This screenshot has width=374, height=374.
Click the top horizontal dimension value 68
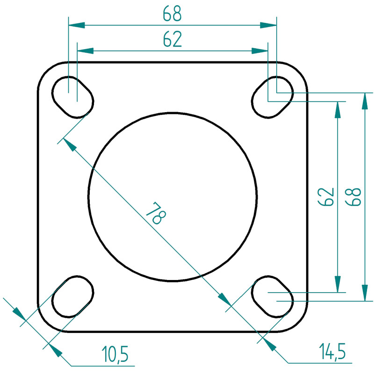click(x=172, y=14)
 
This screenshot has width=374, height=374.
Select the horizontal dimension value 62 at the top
click(x=172, y=39)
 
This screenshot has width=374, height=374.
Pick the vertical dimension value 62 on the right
click(x=325, y=197)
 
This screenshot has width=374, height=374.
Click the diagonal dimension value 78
click(x=156, y=213)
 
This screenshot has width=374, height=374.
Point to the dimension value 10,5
click(x=115, y=354)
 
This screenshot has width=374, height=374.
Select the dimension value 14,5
click(x=332, y=351)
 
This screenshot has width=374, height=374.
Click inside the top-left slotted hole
click(x=73, y=97)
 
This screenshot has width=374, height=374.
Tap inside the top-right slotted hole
click(x=273, y=97)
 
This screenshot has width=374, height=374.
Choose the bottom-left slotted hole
click(x=73, y=296)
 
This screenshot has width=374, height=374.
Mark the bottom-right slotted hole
click(x=273, y=296)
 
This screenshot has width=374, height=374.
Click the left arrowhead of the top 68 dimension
click(x=77, y=25)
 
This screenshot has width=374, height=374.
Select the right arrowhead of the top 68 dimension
click(x=268, y=25)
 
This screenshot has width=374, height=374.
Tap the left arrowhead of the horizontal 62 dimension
click(x=85, y=51)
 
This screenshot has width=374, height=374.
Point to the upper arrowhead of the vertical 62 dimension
click(x=337, y=110)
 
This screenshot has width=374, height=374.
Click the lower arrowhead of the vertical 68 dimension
click(x=365, y=293)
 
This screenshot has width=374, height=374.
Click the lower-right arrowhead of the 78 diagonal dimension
click(x=225, y=300)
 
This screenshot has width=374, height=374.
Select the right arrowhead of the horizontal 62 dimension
click(x=260, y=51)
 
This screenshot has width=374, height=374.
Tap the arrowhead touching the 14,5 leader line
click(x=270, y=344)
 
